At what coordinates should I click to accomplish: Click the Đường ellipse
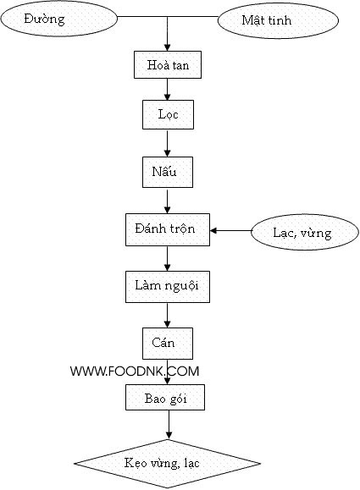coord(58,19)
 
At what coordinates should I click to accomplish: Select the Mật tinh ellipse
coord(278,20)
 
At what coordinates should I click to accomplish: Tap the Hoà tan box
coord(168,64)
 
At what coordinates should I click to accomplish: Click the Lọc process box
coord(168,114)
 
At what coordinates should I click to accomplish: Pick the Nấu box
coord(168,172)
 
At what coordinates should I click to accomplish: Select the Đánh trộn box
coord(168,229)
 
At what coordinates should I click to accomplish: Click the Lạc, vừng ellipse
coord(305,232)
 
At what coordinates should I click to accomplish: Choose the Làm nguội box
coord(168,287)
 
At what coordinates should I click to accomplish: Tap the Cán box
coord(168,344)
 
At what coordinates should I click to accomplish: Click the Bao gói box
coord(165,397)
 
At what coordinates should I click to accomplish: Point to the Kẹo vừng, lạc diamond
coord(168,464)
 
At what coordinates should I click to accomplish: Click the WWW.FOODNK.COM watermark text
coord(135,372)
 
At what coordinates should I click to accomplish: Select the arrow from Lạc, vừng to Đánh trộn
coord(230,231)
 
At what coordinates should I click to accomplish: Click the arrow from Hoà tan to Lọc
coord(168,90)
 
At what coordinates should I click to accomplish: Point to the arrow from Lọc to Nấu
coord(168,143)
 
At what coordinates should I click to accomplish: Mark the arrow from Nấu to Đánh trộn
coord(168,201)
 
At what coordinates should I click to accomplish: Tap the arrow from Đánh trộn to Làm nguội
coord(168,258)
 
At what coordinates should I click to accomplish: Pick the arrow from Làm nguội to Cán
coord(168,315)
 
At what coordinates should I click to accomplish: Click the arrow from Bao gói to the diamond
coord(169,424)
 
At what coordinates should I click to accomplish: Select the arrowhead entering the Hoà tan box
coord(168,47)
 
